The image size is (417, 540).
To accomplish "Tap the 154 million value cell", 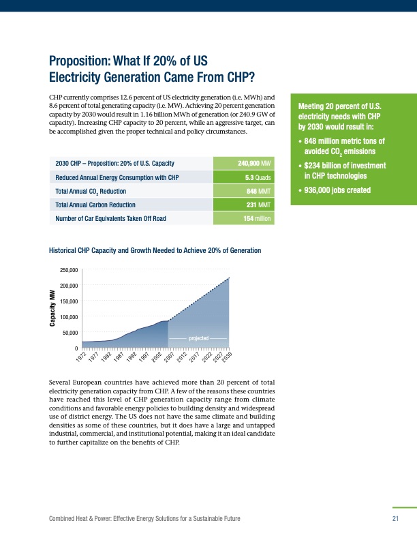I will tap(256, 219).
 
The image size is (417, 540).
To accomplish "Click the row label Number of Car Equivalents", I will tap(110, 219).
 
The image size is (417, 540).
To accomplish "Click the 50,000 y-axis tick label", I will tap(68, 333).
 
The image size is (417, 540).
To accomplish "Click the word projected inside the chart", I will tap(198, 338).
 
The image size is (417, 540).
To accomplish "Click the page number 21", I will tap(395, 520).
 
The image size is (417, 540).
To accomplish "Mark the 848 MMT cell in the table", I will tap(258, 192).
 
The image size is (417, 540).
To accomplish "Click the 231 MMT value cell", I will tap(258, 205).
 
